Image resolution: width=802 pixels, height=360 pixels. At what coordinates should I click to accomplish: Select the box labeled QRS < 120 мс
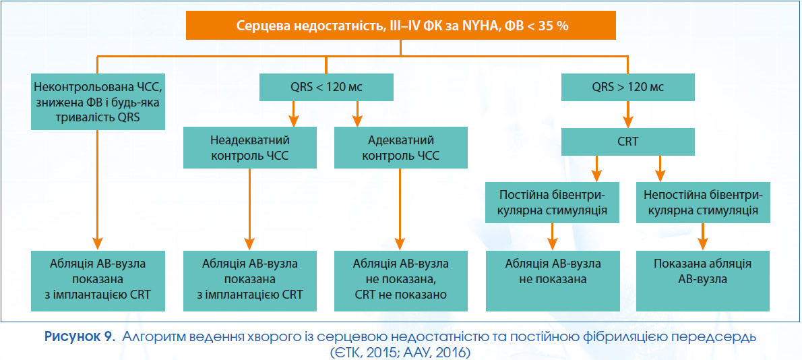click(326, 87)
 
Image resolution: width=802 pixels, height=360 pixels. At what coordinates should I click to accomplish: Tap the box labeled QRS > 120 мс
click(628, 87)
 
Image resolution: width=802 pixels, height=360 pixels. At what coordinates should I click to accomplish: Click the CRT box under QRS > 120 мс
click(628, 142)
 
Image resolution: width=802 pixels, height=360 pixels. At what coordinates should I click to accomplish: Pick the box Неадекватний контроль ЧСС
click(250, 148)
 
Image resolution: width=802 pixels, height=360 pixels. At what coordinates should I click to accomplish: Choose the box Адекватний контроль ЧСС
click(401, 148)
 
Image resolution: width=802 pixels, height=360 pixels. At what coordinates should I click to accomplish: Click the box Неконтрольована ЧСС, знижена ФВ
click(98, 101)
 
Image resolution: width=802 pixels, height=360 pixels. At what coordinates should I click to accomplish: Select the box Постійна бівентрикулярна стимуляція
click(553, 203)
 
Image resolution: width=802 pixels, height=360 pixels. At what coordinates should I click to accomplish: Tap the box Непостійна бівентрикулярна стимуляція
click(704, 203)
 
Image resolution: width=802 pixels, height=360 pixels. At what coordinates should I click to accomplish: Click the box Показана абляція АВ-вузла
click(704, 280)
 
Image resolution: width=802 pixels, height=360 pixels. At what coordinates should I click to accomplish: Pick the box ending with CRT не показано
click(401, 280)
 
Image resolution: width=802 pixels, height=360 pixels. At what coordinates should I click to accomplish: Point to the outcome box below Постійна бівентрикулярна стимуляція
click(553, 280)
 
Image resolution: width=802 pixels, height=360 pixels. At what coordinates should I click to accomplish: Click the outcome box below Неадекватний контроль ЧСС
click(250, 280)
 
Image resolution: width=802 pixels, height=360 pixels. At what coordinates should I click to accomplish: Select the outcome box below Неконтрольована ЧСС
click(98, 280)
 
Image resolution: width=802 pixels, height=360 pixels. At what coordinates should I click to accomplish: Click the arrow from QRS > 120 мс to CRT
click(628, 114)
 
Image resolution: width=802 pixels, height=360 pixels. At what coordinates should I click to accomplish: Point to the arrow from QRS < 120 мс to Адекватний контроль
click(357, 114)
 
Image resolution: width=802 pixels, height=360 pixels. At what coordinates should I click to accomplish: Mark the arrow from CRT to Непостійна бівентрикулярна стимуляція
click(660, 169)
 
